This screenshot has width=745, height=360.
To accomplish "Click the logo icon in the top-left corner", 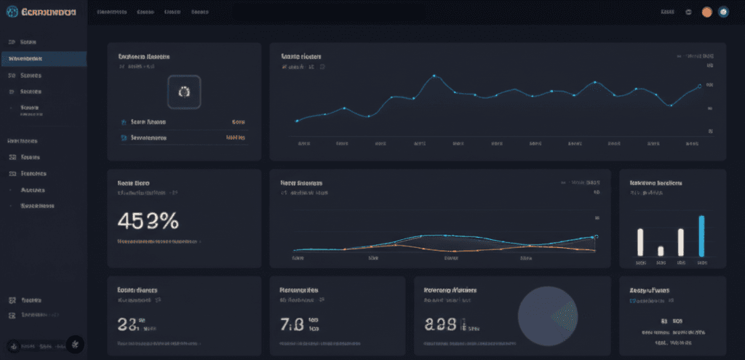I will [x=11, y=12].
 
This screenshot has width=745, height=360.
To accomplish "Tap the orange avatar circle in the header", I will [x=706, y=12].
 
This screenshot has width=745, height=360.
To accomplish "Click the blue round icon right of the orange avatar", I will [x=723, y=12].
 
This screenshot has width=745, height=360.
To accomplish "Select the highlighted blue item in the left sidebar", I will [x=44, y=59].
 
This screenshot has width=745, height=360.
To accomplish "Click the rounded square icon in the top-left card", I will [x=183, y=92].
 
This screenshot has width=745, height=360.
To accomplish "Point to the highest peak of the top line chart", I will [x=434, y=76].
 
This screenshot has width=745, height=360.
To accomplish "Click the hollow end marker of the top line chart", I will [x=699, y=86].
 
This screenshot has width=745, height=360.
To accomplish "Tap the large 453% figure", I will [x=148, y=220].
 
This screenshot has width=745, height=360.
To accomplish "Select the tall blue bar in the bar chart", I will [x=701, y=236].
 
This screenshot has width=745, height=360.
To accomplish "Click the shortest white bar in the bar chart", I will [x=661, y=250].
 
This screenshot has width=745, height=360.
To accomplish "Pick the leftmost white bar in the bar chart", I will [x=640, y=241].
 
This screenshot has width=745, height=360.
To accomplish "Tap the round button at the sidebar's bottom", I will [x=76, y=343].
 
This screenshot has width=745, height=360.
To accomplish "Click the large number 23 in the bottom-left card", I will [x=127, y=324].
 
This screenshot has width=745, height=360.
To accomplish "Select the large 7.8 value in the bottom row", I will [x=292, y=324].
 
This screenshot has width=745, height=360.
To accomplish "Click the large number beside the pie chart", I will [x=441, y=324].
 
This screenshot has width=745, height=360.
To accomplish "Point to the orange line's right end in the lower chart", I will [x=595, y=244].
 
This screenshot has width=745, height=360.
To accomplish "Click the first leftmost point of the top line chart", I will [x=297, y=121].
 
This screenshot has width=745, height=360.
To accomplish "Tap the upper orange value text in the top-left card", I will [x=238, y=122].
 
